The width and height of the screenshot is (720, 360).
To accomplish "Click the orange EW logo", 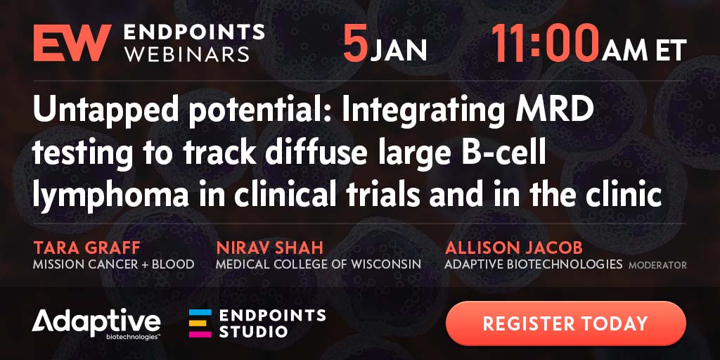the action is (x=72, y=43).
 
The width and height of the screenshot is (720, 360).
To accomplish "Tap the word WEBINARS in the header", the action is (x=187, y=53).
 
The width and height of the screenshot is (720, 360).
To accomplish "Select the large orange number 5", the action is (x=356, y=44).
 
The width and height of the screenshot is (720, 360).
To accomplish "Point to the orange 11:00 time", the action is (x=546, y=44).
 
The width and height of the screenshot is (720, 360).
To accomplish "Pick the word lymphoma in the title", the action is (x=110, y=198).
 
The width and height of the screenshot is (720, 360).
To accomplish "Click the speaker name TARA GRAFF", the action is (x=86, y=248).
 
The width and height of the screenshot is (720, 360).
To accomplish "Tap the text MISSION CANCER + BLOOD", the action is (x=113, y=264).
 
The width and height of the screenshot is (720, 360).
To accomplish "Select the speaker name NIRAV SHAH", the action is (x=269, y=248).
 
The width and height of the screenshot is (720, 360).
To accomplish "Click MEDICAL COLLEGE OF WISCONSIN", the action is (x=319, y=264).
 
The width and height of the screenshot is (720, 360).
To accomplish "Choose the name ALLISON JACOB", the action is (x=513, y=248).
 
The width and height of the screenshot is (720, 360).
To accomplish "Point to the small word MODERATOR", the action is (x=658, y=265).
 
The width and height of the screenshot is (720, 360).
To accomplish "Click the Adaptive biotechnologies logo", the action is (x=96, y=325).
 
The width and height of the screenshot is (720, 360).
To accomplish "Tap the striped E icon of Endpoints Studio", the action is (x=200, y=323).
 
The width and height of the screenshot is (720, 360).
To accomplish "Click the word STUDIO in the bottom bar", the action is (x=253, y=331).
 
